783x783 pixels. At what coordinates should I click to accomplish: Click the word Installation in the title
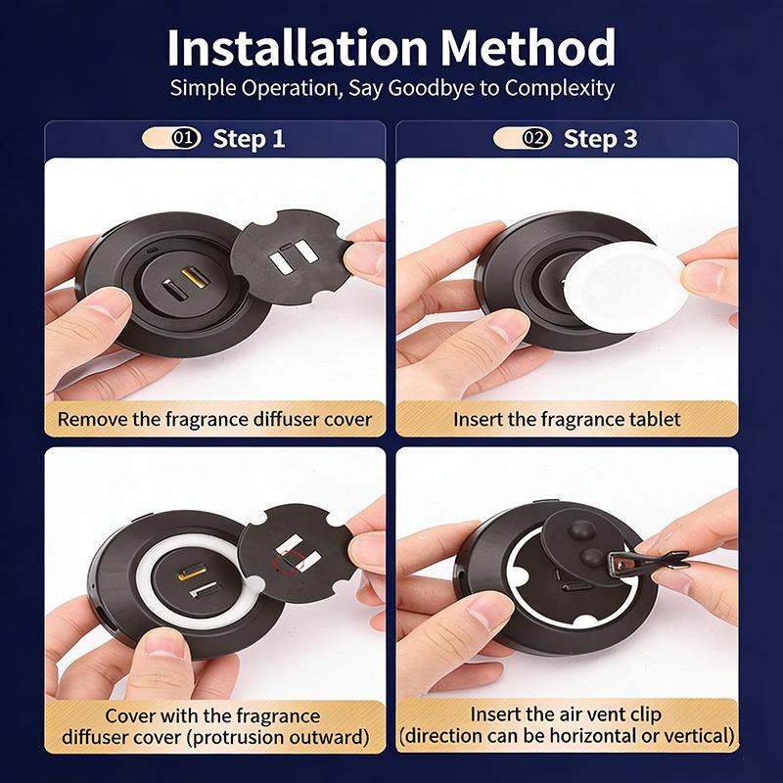[x=298, y=47]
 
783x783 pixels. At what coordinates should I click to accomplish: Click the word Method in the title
[x=528, y=47]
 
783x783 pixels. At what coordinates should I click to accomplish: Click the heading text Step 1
[x=249, y=139]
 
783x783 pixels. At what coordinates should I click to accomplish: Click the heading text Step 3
[x=600, y=139]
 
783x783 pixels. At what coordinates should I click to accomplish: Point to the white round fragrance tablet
[x=624, y=286]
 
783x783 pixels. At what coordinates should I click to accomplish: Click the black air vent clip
[x=648, y=561]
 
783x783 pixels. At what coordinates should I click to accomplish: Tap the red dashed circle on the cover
[x=291, y=562]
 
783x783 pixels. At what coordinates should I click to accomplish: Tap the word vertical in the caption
[x=700, y=736]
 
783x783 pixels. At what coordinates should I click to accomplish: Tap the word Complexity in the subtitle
[x=559, y=89]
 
